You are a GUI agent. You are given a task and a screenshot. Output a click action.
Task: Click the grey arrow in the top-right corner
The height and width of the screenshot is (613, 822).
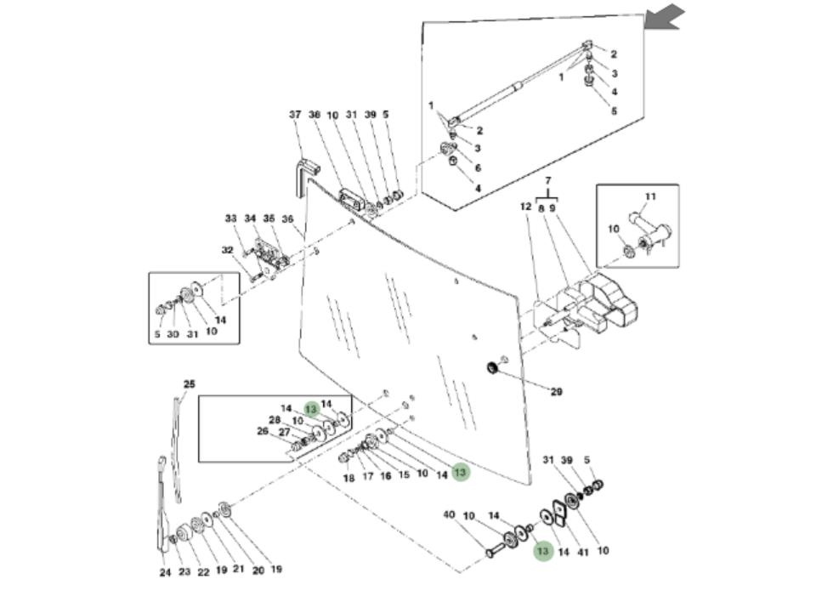[665, 16]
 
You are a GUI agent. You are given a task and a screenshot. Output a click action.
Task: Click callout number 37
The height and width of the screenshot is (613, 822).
[295, 115]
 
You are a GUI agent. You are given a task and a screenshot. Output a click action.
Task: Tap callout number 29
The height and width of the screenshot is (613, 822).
[556, 392]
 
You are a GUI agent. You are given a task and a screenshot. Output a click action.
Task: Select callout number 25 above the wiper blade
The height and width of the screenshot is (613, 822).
[189, 384]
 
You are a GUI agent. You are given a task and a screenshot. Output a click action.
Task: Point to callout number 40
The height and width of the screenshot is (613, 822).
[450, 515]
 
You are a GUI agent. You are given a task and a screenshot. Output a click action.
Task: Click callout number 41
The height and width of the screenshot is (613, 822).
[582, 551]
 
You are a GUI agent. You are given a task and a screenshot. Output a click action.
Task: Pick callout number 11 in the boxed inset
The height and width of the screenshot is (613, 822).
[650, 197]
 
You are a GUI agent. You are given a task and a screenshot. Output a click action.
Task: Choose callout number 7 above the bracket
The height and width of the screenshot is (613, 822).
[548, 181]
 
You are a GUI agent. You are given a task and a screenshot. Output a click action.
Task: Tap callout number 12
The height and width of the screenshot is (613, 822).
[525, 207]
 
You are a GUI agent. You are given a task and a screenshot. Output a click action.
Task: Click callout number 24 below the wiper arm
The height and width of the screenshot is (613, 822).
[165, 572]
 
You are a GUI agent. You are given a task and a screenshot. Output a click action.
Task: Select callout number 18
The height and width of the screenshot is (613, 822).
[349, 479]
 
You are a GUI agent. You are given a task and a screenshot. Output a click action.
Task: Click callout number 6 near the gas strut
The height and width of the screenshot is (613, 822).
[478, 168]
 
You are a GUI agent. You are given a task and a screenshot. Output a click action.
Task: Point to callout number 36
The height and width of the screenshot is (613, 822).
[287, 219]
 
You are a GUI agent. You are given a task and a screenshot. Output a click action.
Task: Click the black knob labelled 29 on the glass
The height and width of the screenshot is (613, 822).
[491, 368]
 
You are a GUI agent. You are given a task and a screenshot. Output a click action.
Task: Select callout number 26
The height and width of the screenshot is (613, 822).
[263, 431]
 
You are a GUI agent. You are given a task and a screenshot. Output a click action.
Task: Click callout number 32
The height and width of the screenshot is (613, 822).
[227, 250]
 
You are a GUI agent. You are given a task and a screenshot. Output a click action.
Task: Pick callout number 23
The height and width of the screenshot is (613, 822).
[184, 572]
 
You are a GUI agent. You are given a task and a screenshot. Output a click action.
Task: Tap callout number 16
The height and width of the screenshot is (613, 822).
[386, 476]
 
